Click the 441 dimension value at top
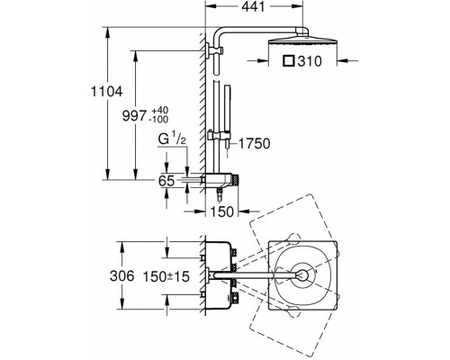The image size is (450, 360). pyautogui.click(x=254, y=7)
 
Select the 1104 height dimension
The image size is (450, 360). pyautogui.click(x=107, y=92)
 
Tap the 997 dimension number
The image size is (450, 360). pyautogui.click(x=134, y=116)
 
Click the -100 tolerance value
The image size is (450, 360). pyautogui.click(x=158, y=120)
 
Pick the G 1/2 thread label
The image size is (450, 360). pyautogui.click(x=172, y=139)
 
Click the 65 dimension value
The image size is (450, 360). pyautogui.click(x=166, y=181)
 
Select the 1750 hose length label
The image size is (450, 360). pyautogui.click(x=255, y=144)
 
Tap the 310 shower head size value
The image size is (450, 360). pyautogui.click(x=310, y=61)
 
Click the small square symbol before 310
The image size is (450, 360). pyautogui.click(x=289, y=61)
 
